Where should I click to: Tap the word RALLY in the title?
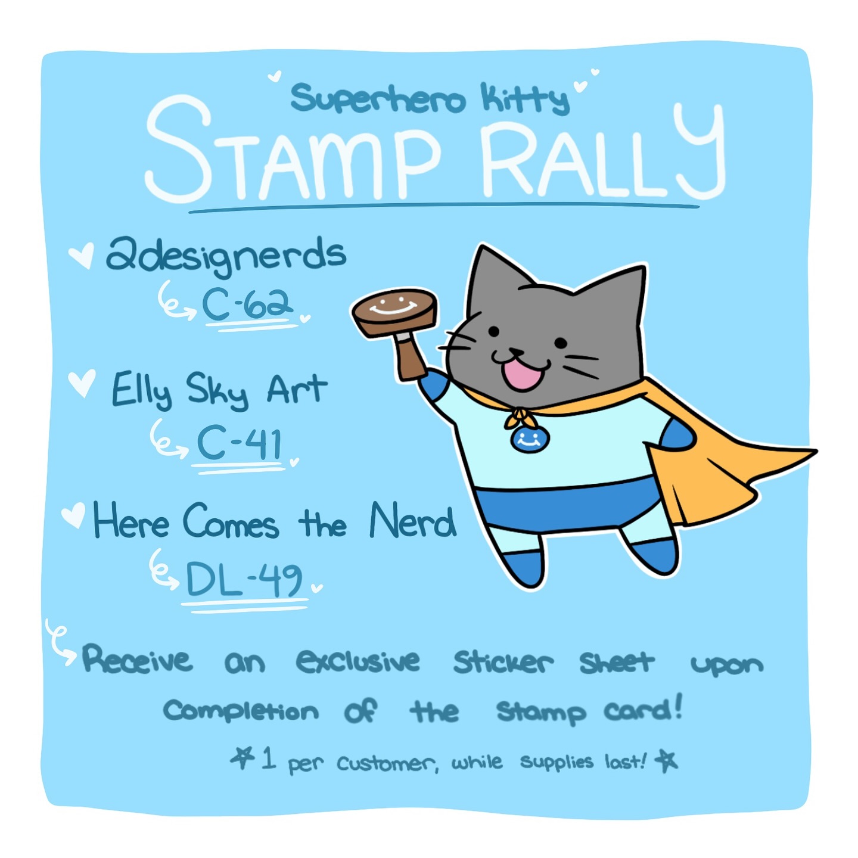pyautogui.click(x=604, y=151)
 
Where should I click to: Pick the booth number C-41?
pyautogui.click(x=239, y=443)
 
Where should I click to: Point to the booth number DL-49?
pyautogui.click(x=244, y=579)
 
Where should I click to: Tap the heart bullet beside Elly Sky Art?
pyautogui.click(x=82, y=383)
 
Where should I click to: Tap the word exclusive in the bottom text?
pyautogui.click(x=357, y=661)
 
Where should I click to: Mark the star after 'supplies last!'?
pyautogui.click(x=666, y=761)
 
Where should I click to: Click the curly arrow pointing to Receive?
pyautogui.click(x=61, y=643)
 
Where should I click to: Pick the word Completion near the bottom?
pyautogui.click(x=241, y=711)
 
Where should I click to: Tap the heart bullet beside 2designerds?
pyautogui.click(x=82, y=255)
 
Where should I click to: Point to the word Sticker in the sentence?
pyautogui.click(x=503, y=662)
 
